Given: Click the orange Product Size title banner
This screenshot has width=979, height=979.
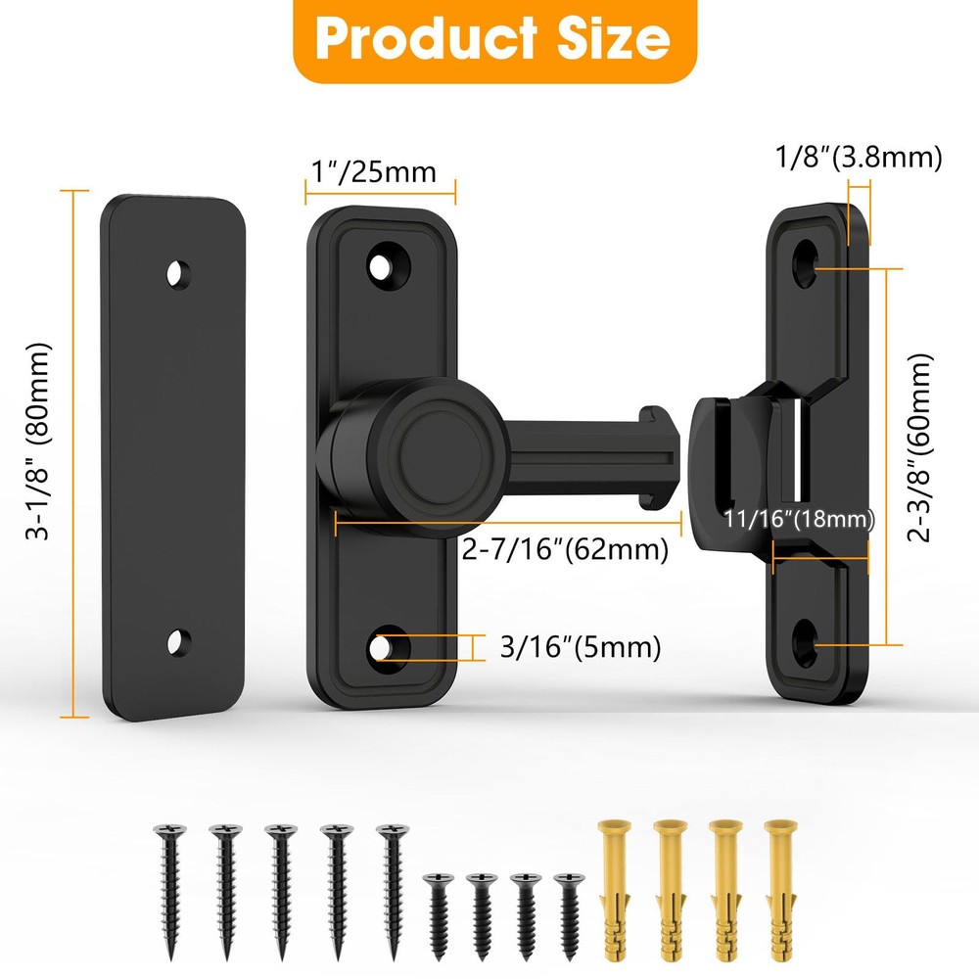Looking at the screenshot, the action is (x=494, y=39).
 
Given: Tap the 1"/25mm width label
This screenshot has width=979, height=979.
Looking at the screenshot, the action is (x=373, y=171).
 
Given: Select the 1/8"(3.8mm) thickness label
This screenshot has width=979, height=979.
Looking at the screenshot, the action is (x=859, y=157).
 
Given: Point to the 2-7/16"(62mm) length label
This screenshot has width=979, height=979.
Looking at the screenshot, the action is (x=565, y=549).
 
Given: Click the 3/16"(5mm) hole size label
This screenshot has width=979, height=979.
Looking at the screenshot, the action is (x=580, y=647).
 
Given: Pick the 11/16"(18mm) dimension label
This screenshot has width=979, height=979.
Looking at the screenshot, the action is (x=800, y=518).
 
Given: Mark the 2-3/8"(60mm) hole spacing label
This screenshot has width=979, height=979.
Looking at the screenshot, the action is (x=919, y=447).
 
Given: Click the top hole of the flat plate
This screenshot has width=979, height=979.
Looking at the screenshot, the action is (x=177, y=273).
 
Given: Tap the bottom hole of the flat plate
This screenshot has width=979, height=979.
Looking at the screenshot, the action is (x=177, y=642).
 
